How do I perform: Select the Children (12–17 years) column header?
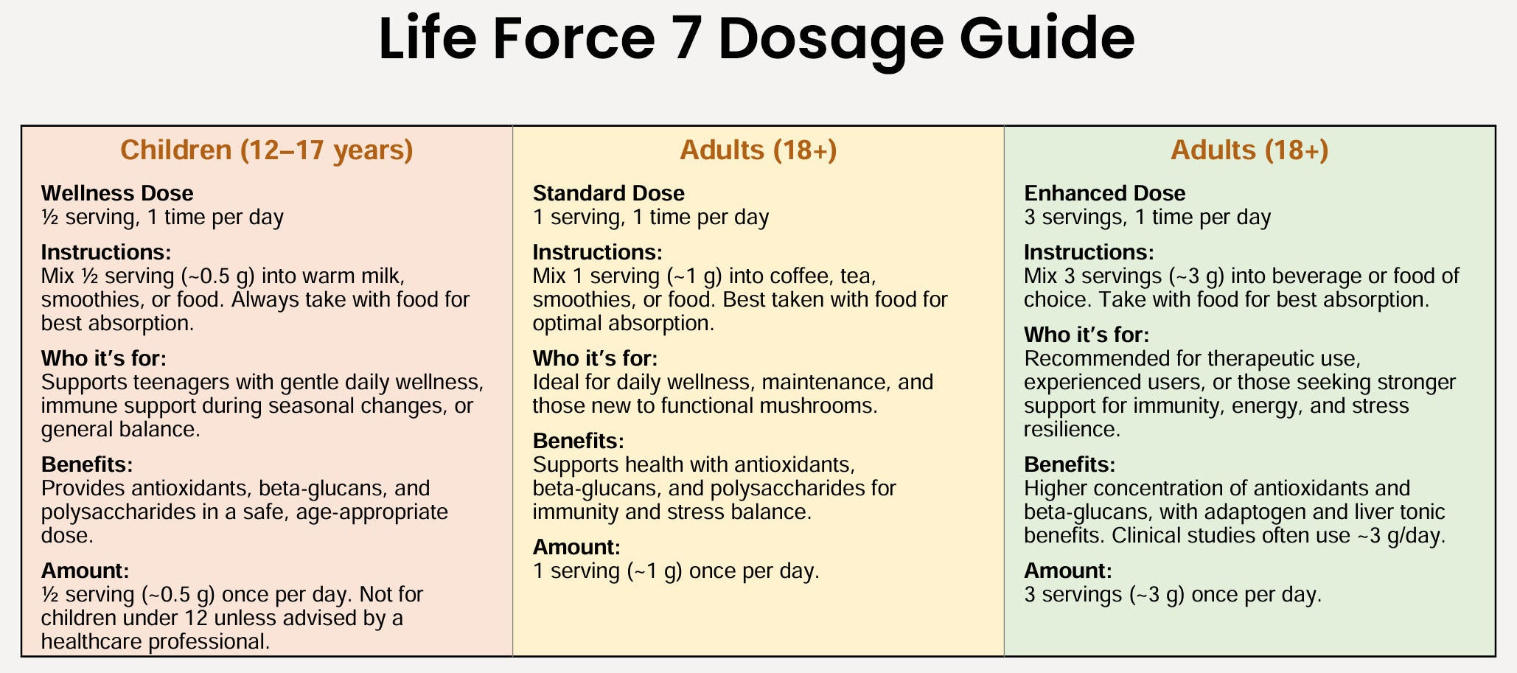click(x=266, y=150)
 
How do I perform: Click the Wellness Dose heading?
click(x=117, y=193)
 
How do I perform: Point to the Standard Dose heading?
click(x=608, y=193)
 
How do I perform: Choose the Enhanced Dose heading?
click(x=1104, y=193)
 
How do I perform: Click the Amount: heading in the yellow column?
click(x=576, y=547)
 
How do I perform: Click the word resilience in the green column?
click(x=1072, y=429)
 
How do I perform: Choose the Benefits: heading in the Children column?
click(x=87, y=464)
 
